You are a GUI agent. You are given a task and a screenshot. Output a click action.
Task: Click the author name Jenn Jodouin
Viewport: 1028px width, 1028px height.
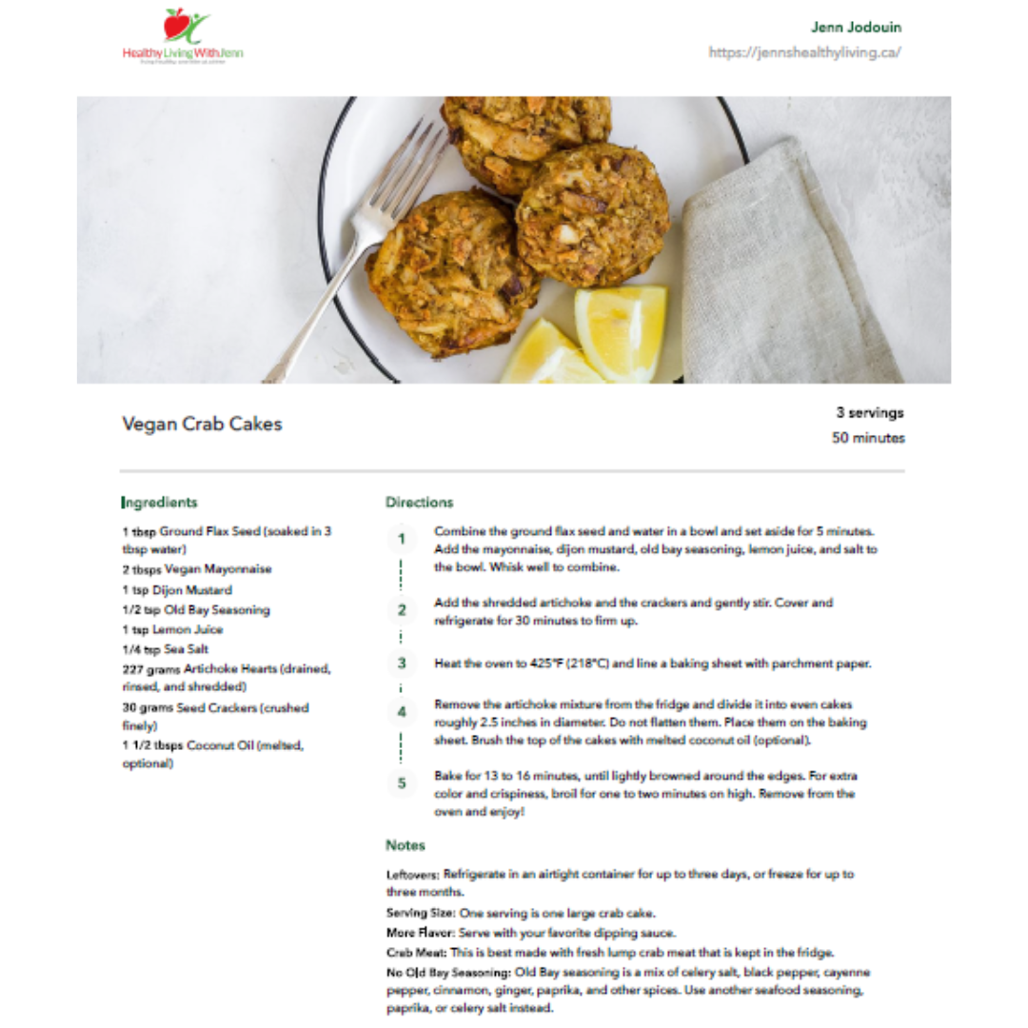point(856,27)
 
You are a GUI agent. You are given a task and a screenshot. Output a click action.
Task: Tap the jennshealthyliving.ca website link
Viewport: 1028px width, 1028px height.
point(804,52)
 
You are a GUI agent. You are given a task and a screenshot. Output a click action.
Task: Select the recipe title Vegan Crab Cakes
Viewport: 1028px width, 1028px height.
point(202,425)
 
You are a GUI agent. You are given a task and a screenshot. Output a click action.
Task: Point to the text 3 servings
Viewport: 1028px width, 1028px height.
point(870,413)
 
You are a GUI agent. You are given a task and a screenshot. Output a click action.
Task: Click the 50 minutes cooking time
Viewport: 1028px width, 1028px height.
point(868,439)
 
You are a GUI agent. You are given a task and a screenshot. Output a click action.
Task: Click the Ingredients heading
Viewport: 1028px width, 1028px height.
point(160,503)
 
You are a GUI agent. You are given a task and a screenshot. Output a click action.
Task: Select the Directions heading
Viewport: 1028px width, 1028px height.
point(419,503)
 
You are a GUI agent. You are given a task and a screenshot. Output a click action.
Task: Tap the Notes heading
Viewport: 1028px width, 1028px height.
point(405,845)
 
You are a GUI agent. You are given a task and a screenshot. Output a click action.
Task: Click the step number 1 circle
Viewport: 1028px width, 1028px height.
point(402,539)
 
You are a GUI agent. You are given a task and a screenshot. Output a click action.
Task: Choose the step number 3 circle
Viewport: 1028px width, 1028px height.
point(402,663)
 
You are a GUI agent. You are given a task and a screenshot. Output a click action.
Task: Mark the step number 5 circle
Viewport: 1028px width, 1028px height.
point(402,783)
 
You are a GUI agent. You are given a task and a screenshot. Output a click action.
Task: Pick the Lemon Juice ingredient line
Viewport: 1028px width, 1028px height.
point(172,630)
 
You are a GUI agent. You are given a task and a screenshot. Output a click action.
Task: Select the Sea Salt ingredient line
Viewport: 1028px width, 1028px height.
point(165,650)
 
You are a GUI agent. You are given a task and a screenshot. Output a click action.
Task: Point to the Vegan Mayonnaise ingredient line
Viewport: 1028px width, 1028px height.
point(196,569)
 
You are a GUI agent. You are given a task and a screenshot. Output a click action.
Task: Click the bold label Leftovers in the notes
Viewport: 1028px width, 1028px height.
point(413,874)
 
